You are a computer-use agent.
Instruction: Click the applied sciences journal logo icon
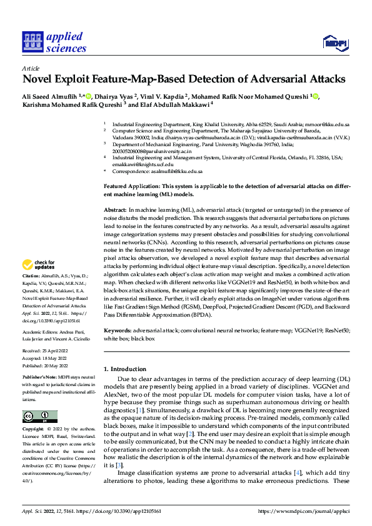pyautogui.click(x=31, y=42)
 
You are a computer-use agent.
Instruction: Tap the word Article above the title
pyautogui.click(x=31, y=68)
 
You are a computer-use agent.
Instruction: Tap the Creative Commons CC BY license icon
pyautogui.click(x=39, y=416)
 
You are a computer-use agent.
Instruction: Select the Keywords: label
pyautogui.click(x=118, y=330)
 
